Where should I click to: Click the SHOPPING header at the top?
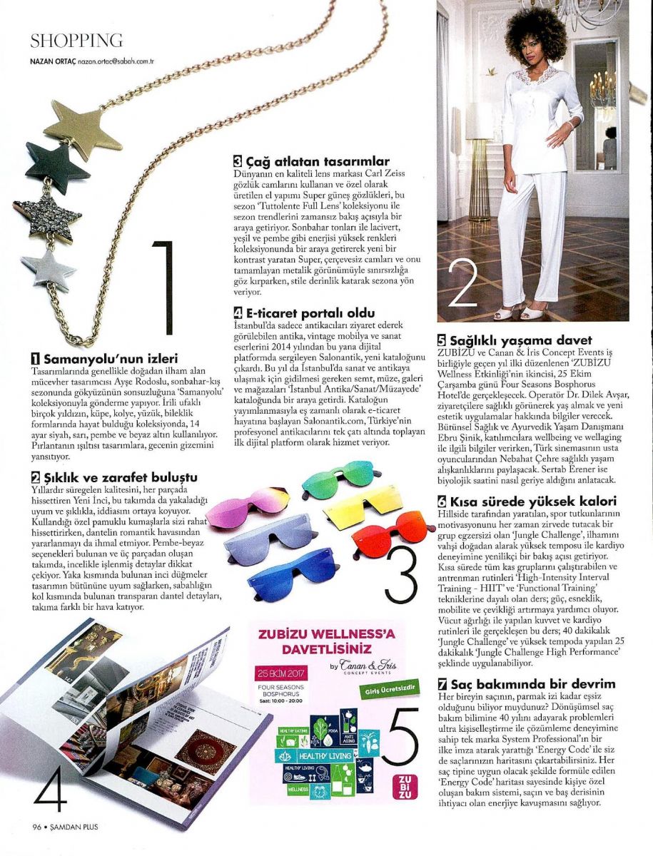[x=77, y=41]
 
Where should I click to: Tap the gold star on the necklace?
[x=81, y=128]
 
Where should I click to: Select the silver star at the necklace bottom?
[x=48, y=270]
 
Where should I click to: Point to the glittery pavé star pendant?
[x=49, y=212]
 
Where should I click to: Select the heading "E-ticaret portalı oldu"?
[x=306, y=312]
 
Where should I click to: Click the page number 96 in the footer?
[x=36, y=827]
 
